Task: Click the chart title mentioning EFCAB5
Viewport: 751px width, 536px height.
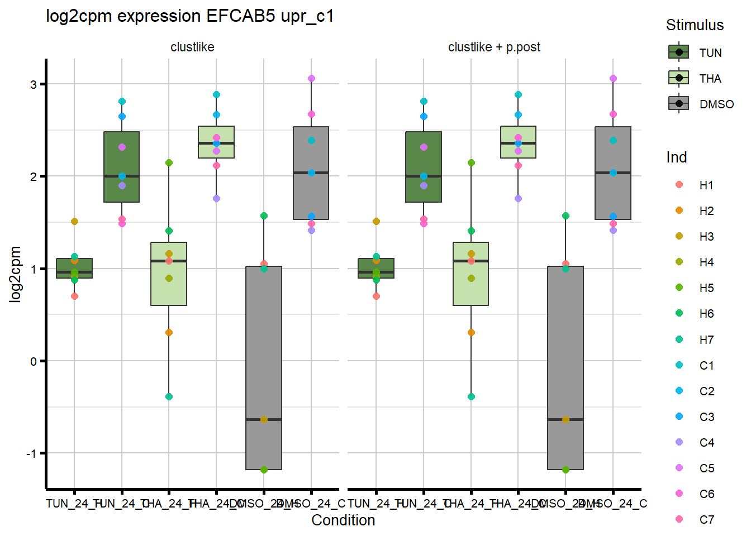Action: [190, 16]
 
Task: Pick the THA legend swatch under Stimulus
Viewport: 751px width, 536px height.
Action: [679, 78]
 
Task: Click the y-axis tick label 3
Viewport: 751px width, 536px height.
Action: [34, 84]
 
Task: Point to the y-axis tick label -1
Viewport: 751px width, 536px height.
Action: [32, 453]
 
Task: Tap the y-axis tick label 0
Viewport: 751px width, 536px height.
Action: [34, 361]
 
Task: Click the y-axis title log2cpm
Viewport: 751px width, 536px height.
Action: [15, 274]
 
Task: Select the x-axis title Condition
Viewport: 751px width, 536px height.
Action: [343, 520]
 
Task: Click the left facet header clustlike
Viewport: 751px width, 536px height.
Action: [192, 47]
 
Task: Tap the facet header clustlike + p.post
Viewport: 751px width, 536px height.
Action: [494, 47]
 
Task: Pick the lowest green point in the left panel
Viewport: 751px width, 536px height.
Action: [264, 470]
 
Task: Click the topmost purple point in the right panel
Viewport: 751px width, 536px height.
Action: [613, 79]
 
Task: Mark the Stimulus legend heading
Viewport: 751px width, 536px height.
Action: [695, 25]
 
